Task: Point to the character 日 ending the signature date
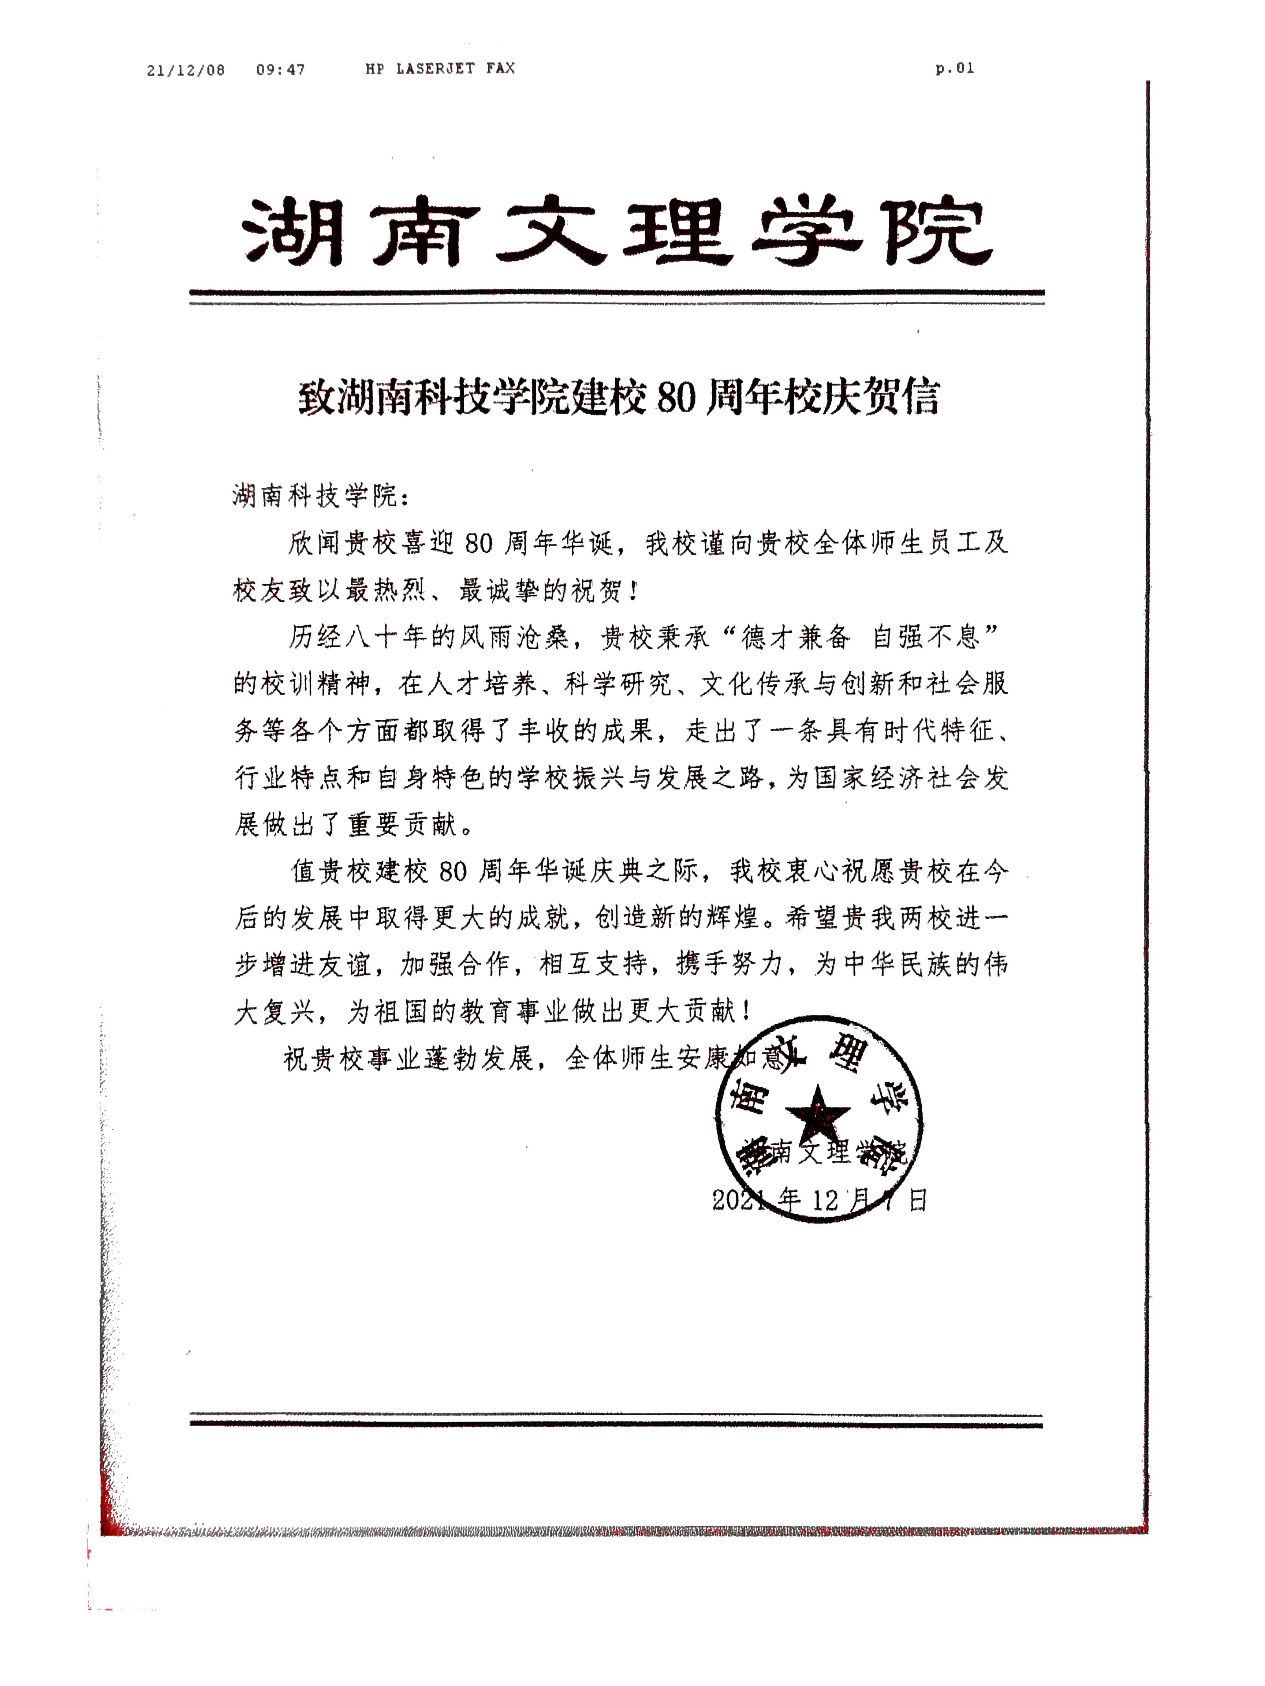pos(917,1201)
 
